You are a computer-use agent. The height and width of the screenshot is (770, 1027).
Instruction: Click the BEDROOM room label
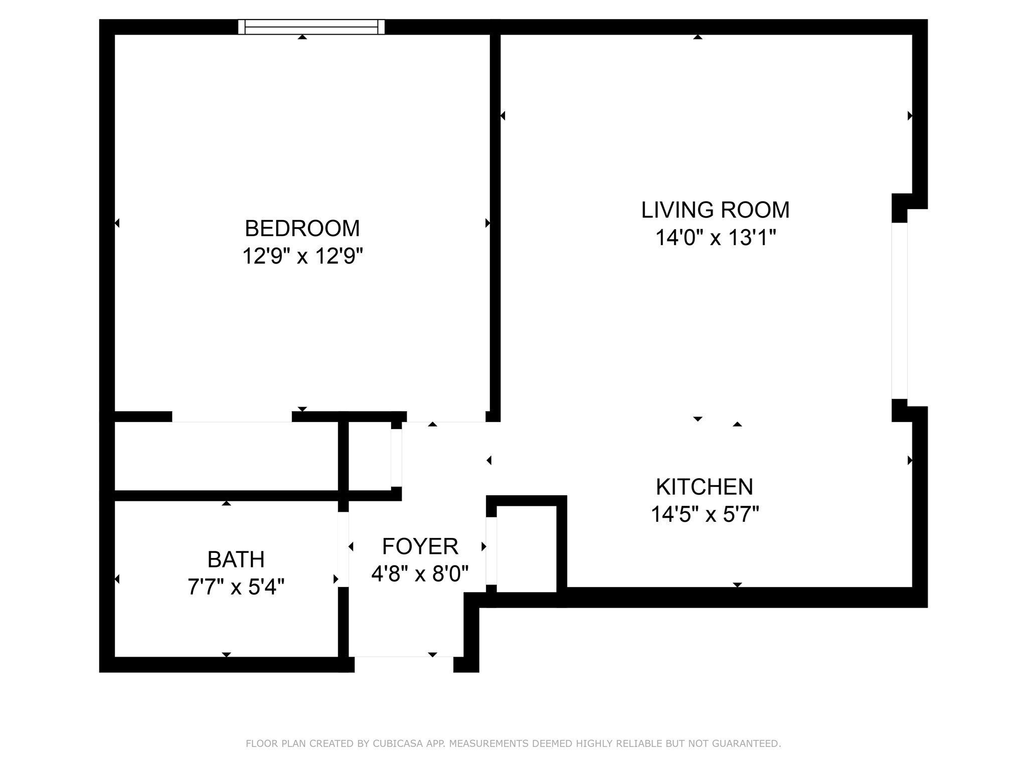pyautogui.click(x=302, y=229)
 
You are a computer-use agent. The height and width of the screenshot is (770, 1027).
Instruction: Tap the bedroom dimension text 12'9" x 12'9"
pyautogui.click(x=302, y=256)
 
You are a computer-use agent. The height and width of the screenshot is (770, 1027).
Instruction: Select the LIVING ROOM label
pyautogui.click(x=715, y=210)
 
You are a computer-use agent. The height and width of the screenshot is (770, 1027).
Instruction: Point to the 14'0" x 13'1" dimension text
pyautogui.click(x=715, y=238)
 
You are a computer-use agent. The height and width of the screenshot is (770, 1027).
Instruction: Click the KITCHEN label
pyautogui.click(x=704, y=487)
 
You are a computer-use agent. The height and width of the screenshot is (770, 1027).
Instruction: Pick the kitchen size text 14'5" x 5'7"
pyautogui.click(x=705, y=514)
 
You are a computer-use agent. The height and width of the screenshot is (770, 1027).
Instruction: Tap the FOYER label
pyautogui.click(x=420, y=546)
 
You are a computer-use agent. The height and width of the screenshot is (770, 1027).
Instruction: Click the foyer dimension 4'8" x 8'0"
pyautogui.click(x=420, y=573)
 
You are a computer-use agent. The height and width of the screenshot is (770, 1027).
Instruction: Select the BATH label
pyautogui.click(x=236, y=559)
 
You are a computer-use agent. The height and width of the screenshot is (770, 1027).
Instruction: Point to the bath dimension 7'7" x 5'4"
pyautogui.click(x=236, y=587)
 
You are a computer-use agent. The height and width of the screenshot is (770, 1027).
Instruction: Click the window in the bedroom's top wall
pyautogui.click(x=311, y=27)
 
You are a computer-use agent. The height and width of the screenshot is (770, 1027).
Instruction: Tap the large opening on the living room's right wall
pyautogui.click(x=899, y=311)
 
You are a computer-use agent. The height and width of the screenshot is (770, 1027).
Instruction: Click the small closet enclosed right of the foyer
pyautogui.click(x=527, y=549)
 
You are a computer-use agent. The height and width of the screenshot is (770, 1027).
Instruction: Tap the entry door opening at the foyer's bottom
pyautogui.click(x=404, y=664)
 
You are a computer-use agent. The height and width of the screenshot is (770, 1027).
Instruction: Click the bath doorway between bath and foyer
pyautogui.click(x=344, y=549)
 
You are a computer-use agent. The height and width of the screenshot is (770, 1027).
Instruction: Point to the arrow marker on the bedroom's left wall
pyautogui.click(x=117, y=223)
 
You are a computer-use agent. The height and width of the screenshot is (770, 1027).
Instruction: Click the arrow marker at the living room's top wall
pyautogui.click(x=698, y=37)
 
